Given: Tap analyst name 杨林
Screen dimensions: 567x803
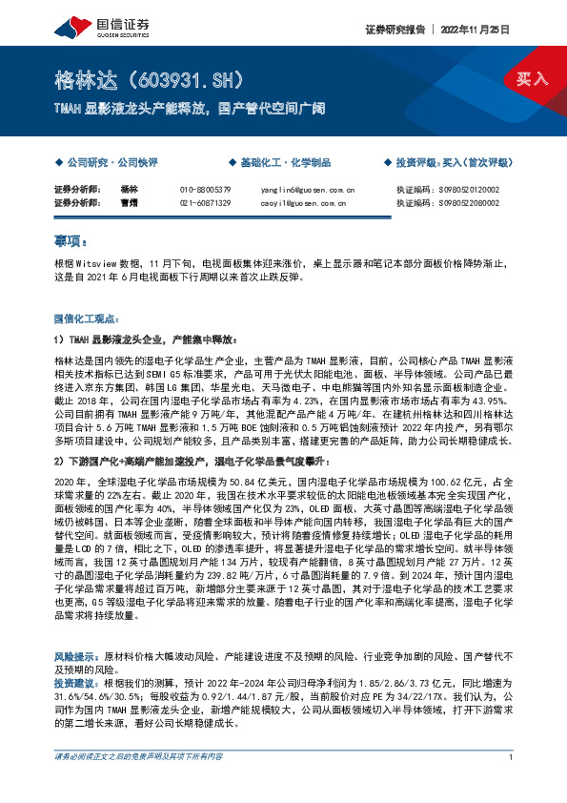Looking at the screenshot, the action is point(131,190).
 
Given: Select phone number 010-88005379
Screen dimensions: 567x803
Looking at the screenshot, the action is point(205,190).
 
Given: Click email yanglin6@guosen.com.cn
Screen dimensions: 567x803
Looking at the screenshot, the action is point(307,190).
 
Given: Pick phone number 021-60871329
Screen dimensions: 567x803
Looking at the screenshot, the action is point(205,203).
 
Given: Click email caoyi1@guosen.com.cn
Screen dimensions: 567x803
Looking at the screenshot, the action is point(307,203).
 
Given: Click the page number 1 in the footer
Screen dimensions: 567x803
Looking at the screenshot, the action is point(512,784).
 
